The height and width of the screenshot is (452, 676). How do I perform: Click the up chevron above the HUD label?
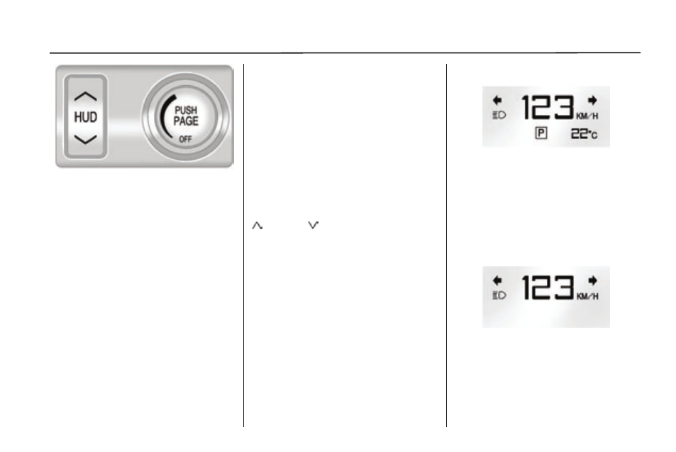[85, 97]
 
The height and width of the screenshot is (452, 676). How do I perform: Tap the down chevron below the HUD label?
[85, 139]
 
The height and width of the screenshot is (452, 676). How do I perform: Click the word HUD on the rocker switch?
[85, 117]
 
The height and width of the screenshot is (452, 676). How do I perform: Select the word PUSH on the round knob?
[186, 111]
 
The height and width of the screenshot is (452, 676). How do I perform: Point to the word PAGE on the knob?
[186, 121]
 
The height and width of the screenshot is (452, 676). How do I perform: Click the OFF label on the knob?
[185, 139]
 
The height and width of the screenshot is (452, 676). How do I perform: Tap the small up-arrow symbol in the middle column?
[257, 226]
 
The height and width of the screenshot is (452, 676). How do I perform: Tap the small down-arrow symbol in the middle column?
[313, 225]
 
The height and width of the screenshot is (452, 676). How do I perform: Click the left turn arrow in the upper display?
[497, 101]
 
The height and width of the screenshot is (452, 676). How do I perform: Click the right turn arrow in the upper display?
[593, 101]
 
